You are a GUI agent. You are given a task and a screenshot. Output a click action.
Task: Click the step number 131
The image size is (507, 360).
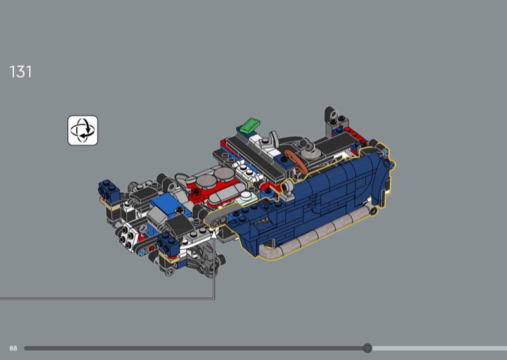pyautogui.click(x=21, y=72)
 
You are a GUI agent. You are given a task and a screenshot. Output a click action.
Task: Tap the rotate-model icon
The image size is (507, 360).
pyautogui.click(x=83, y=131)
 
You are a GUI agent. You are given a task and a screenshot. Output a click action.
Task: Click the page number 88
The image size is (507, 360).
pyautogui.click(x=13, y=349)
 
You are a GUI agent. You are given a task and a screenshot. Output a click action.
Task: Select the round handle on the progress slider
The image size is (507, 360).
pyautogui.click(x=368, y=348)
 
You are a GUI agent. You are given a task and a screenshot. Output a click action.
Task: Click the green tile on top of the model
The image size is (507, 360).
pyautogui.click(x=250, y=125)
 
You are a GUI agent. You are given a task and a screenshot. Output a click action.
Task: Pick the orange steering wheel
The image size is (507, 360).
pyautogui.click(x=295, y=162)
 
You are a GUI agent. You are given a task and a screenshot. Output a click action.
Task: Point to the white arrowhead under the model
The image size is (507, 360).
pyautogui.click(x=214, y=233)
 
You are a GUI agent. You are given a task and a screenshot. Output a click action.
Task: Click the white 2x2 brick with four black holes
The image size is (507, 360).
pyautogui.click(x=127, y=237)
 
